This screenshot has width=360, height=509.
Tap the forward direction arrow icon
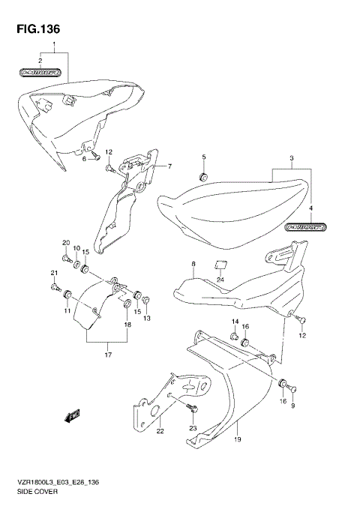coord(74,413)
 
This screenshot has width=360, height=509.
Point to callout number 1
coord(54,46)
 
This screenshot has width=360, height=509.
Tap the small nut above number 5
coord(202,177)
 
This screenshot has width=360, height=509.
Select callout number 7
coord(169,166)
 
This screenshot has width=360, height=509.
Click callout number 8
coord(193,265)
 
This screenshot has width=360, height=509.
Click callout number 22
coord(159,431)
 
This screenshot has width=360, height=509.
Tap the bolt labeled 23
coord(192,408)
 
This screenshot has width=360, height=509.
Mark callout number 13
coord(146,318)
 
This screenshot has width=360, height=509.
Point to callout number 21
coord(54,272)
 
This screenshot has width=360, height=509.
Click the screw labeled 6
coord(96,158)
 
